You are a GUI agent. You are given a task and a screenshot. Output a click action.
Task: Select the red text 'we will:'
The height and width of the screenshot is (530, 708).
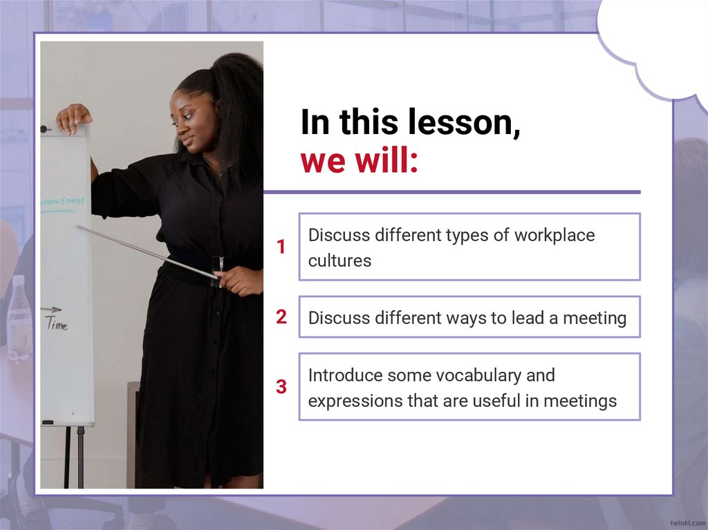click(x=359, y=162)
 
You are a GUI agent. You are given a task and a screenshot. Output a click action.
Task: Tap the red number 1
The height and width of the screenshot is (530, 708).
click(x=281, y=247)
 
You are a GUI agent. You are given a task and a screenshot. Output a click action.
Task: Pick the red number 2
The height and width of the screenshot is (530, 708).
click(x=281, y=317)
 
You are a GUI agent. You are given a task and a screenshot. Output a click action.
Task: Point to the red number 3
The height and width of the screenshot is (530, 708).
click(x=281, y=387)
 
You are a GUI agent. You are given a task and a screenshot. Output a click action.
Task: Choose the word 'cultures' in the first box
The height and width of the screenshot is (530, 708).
click(x=339, y=261)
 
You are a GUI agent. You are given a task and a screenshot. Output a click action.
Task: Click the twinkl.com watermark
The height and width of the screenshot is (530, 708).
click(x=687, y=522)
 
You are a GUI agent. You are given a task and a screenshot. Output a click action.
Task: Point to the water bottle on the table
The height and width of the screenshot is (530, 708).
click(x=19, y=318)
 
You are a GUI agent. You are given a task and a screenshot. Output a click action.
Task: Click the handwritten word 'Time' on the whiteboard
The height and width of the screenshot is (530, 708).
click(x=57, y=324)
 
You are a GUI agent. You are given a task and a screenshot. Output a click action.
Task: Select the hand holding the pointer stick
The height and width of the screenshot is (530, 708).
click(x=239, y=280)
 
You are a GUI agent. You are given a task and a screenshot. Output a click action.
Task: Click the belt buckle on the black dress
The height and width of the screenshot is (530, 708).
click(x=221, y=263)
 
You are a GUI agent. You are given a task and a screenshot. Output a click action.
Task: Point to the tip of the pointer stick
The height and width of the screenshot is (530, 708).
click(x=78, y=227)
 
